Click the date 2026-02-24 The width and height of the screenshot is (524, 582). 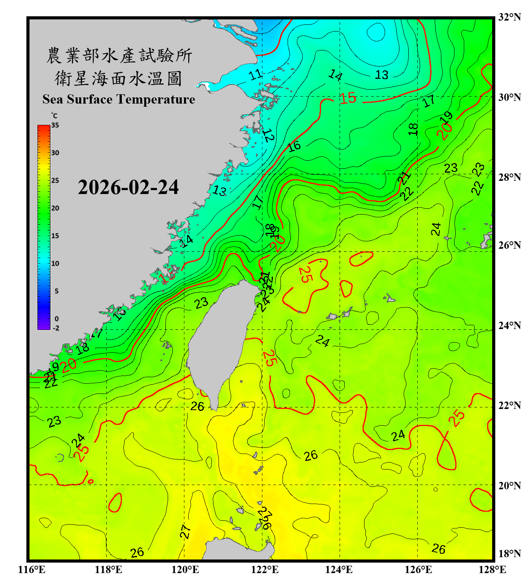coord(128,187)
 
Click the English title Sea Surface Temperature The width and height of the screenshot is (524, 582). coord(119,99)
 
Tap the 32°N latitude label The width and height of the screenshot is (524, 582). coord(509,17)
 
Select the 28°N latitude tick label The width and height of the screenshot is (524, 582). coord(509,177)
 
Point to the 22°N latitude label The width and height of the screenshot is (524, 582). coord(509,405)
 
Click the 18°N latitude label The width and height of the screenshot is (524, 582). coord(509,554)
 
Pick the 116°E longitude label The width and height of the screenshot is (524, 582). coord(32,570)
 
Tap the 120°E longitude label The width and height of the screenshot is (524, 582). coord(185,570)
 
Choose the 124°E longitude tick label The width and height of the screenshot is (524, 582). coord(339,570)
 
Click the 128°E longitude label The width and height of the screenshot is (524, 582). coord(492,570)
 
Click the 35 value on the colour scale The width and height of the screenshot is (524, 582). coord(55,125)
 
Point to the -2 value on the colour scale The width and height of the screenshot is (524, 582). coord(56,328)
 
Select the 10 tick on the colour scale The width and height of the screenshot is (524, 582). coord(55,264)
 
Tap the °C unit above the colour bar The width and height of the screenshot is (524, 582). coord(54,116)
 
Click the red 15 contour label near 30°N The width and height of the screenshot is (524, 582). coord(348,98)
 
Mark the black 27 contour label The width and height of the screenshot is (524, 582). coord(186,531)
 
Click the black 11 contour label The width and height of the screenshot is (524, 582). coord(256,74)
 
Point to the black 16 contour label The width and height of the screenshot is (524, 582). coord(294,146)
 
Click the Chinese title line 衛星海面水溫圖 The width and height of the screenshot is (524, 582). coord(118,78)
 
